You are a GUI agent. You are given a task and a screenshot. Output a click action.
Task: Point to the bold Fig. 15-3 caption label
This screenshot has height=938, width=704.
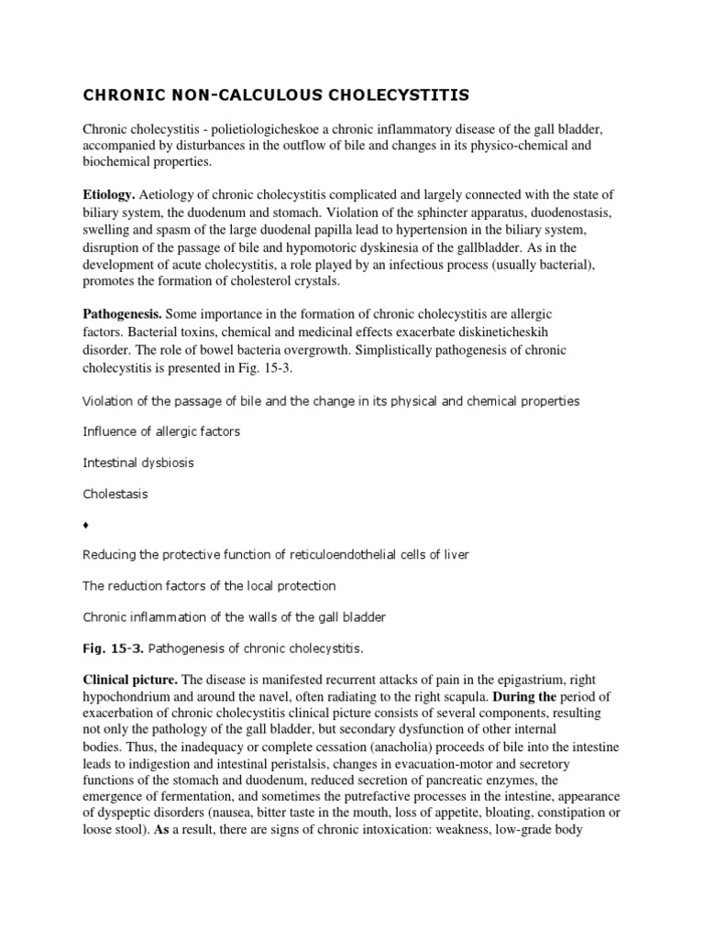tap(113, 649)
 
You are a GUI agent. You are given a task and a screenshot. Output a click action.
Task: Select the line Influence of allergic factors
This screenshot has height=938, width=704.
tap(161, 431)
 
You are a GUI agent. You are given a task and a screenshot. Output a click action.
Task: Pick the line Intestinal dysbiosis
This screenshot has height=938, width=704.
tap(137, 463)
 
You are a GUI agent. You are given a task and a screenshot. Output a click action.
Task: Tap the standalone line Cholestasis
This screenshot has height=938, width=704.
tap(115, 494)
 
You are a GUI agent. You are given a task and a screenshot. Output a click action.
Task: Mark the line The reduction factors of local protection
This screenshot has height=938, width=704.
tap(209, 586)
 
